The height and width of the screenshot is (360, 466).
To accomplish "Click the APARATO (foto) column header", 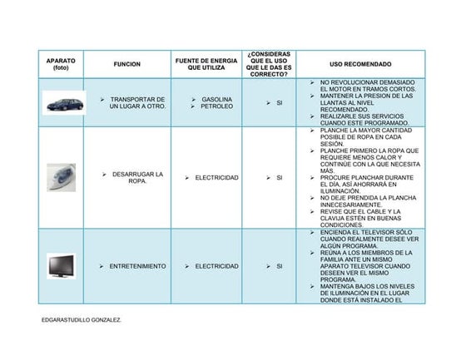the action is pos(61,64).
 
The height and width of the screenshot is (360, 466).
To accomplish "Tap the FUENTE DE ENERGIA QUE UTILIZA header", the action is pos(206,64).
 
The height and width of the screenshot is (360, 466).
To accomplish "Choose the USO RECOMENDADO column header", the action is pos(359,64).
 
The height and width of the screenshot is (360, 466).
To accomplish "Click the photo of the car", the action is pos(63,103).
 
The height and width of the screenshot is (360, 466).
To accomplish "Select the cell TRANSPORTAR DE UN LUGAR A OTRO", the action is pos(137,103).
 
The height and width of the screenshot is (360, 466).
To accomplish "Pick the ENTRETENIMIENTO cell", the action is pos(137,266).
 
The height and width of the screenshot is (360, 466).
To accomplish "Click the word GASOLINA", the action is pos(216,99).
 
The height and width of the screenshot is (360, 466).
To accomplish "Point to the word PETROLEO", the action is pos(216,107).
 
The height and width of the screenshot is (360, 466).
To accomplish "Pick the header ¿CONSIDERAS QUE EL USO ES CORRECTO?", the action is pos(269,64).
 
